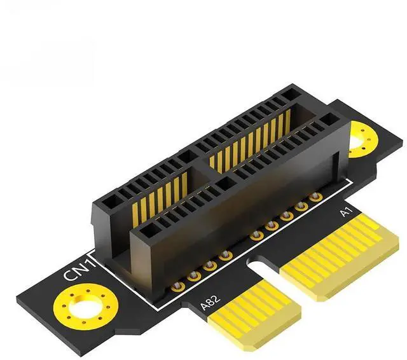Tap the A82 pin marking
click(209, 298)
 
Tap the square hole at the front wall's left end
click(150, 228)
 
